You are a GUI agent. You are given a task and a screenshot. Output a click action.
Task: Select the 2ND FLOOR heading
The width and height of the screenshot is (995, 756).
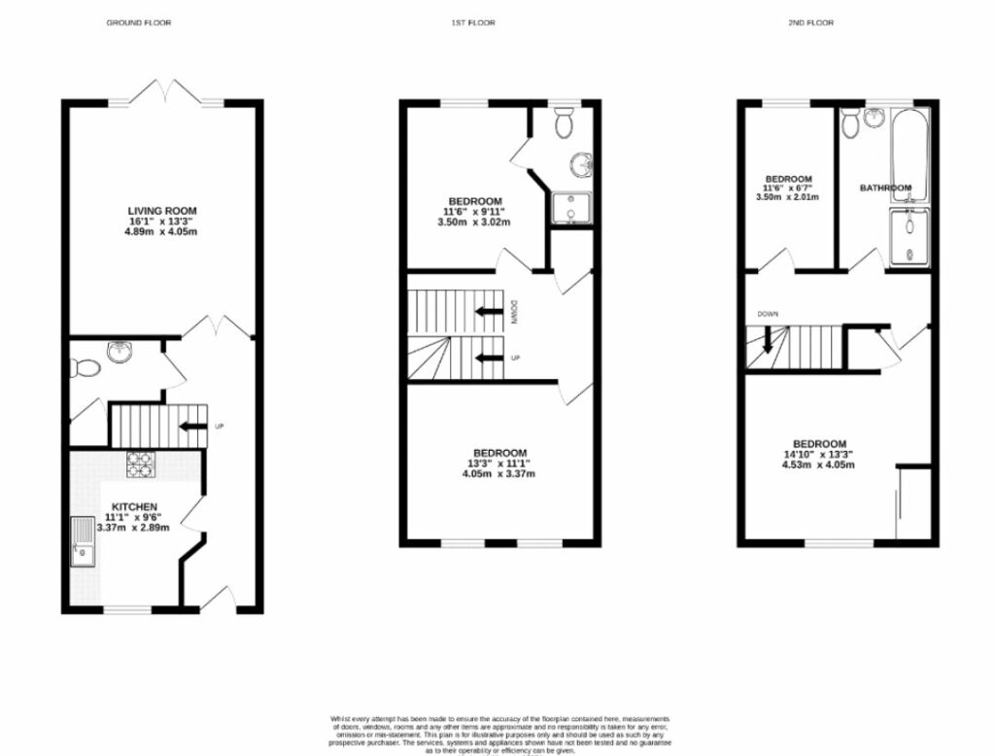pos(812,22)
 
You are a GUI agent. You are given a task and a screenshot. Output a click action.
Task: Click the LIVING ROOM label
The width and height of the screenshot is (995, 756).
pos(162,211)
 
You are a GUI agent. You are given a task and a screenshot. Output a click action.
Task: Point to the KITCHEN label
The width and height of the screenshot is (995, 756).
pos(134,507)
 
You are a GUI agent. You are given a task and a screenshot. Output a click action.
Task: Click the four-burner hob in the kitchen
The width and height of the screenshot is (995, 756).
pos(141,465)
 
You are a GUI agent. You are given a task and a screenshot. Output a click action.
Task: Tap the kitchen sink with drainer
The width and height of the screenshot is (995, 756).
pos(83,543)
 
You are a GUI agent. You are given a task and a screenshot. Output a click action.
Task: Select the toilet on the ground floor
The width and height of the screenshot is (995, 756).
pos(84,367)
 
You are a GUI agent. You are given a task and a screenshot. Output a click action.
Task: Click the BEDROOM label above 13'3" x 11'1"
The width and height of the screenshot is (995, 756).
pos(499,453)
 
